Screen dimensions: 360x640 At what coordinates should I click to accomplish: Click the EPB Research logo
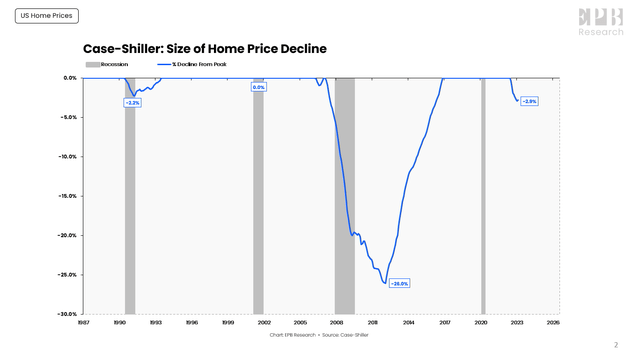point(600,21)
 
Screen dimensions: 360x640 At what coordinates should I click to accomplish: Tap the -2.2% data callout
point(132,102)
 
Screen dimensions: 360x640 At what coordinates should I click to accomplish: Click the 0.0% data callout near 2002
point(259,88)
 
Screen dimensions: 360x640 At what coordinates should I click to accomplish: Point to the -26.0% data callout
point(399,283)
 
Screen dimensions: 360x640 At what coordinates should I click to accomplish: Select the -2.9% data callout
point(529,101)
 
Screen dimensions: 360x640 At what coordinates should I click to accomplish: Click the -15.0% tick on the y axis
point(66,196)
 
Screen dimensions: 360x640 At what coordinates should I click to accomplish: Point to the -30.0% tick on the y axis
point(66,314)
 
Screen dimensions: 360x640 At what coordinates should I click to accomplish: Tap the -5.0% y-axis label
point(68,117)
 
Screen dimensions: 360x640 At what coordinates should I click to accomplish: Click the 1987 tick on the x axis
point(83,323)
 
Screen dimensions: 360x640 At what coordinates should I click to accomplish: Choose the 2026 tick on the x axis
point(553,323)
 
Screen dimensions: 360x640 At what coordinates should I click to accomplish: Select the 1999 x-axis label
point(228,323)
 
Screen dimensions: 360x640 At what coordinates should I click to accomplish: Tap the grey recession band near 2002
point(258,200)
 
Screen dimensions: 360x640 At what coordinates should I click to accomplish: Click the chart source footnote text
point(320,335)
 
